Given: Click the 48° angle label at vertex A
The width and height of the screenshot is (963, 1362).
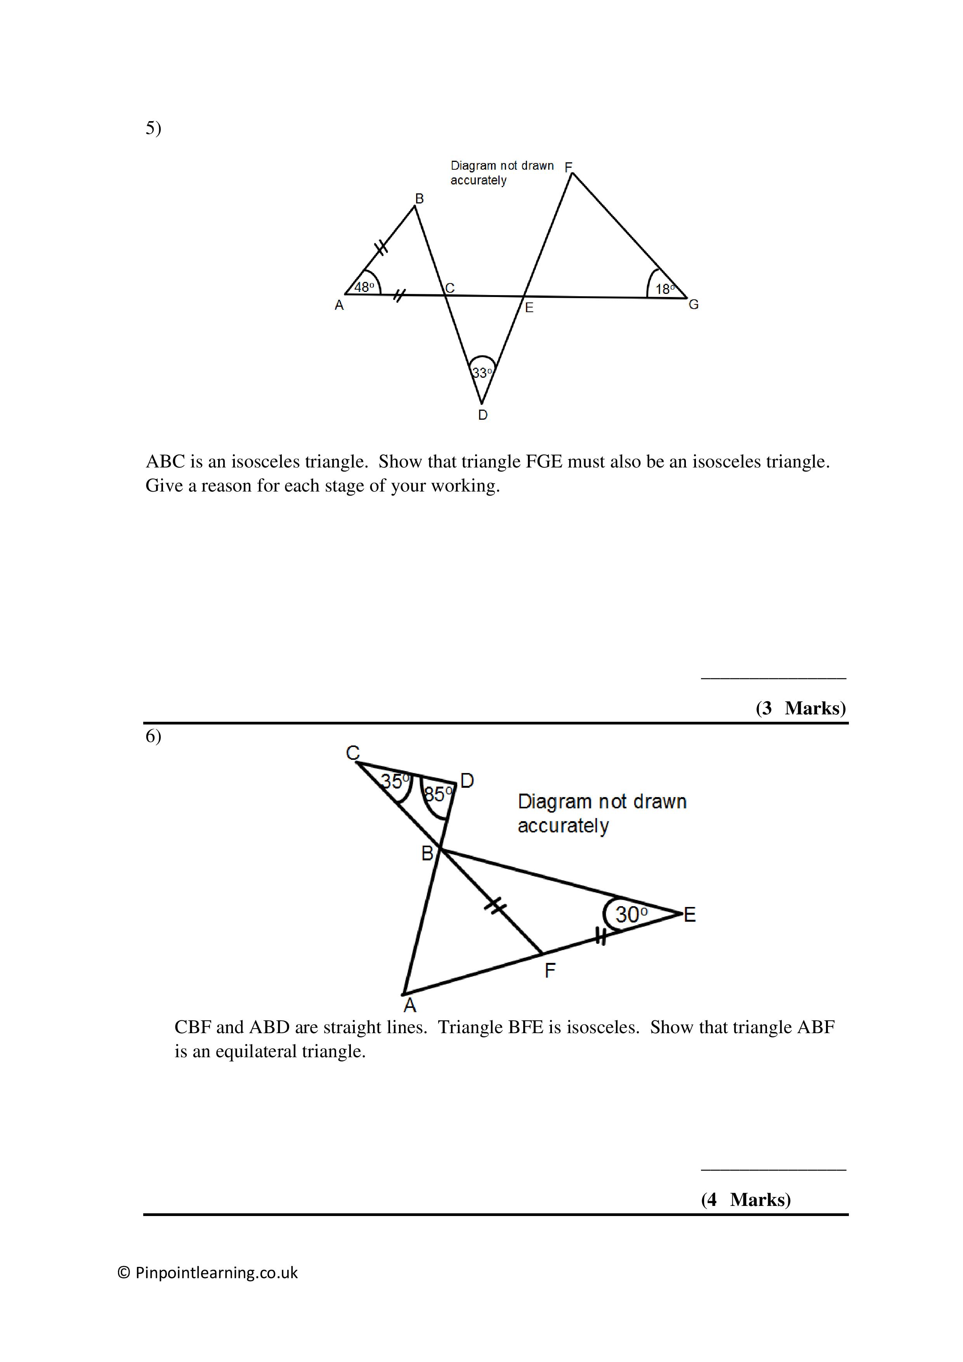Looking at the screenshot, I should click(364, 287).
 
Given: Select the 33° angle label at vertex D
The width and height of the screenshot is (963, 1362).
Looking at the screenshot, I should click(481, 373).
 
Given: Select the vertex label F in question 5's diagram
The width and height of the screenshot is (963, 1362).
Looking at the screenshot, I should click(568, 167).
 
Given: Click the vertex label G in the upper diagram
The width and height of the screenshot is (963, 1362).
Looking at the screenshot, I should click(693, 304).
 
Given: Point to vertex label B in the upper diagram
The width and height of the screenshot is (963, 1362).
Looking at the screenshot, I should click(419, 199).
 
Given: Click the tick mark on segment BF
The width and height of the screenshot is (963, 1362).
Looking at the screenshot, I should click(496, 906).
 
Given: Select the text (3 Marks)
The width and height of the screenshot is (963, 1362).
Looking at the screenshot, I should click(800, 708).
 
